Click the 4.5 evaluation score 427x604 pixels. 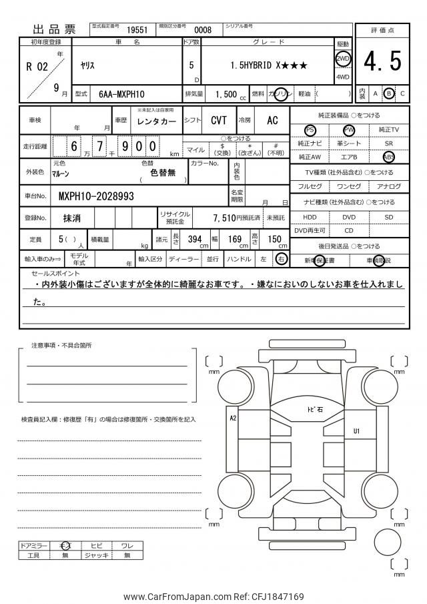tap(383, 62)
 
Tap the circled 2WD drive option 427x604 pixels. tap(343, 57)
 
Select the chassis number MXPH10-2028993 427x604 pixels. tap(97, 196)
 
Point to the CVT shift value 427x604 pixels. tap(219, 121)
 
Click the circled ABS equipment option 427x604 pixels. tap(389, 157)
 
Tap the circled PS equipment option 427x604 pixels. tap(310, 129)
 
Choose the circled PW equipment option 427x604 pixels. tap(349, 129)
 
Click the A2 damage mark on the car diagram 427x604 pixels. tap(234, 418)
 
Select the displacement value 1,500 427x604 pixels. tap(227, 94)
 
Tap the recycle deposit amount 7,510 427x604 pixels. tap(225, 218)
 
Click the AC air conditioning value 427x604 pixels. tap(272, 121)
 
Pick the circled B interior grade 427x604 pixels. tap(389, 93)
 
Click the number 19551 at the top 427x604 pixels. tap(137, 30)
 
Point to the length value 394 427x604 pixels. tap(195, 239)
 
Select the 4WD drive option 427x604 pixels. tap(343, 76)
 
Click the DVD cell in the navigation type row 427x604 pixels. tap(350, 218)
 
